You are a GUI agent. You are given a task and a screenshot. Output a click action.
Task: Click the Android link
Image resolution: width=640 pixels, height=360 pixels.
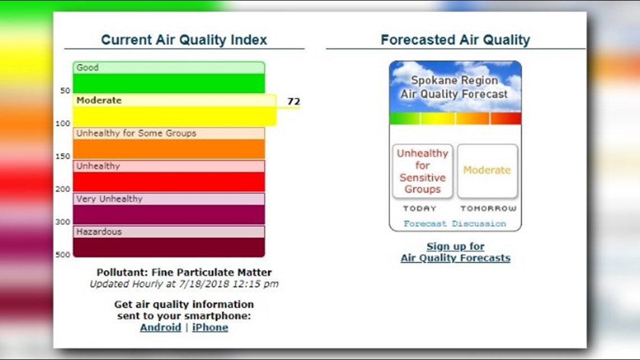tap(160, 327)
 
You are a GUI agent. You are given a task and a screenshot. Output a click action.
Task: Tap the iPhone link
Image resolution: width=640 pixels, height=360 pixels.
tap(210, 327)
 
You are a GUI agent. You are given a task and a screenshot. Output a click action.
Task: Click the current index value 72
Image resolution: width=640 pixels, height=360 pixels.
tap(294, 102)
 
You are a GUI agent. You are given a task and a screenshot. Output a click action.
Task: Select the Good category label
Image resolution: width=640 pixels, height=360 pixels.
tap(88, 67)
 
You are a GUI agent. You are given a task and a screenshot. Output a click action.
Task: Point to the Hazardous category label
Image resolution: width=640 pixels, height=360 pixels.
tap(99, 231)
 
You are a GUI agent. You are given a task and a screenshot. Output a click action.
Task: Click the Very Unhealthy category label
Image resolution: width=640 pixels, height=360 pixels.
tap(109, 199)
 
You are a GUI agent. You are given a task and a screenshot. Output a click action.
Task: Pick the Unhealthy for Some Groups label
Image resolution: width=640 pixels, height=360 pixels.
tap(136, 133)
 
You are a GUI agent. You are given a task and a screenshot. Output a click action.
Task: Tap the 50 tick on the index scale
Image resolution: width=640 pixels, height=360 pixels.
tap(65, 90)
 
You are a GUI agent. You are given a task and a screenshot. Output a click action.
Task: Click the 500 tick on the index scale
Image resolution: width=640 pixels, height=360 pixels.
tap(62, 254)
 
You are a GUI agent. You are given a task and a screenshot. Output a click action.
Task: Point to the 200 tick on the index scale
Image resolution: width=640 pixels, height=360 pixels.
tap(62, 189)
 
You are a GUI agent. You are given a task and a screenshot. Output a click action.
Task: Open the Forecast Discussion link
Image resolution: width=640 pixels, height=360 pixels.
tap(455, 224)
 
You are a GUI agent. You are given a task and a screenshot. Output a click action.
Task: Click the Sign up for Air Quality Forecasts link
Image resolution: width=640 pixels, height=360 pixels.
tap(455, 252)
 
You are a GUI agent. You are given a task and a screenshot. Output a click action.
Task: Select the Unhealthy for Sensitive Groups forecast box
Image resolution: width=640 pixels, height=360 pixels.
tap(423, 171)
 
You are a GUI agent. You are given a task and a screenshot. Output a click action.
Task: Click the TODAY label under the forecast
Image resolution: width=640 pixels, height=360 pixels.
tap(419, 208)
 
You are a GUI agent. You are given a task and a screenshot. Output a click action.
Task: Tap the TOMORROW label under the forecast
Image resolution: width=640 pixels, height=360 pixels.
tap(488, 208)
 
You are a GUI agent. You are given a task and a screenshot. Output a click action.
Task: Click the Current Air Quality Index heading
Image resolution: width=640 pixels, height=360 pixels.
tap(184, 40)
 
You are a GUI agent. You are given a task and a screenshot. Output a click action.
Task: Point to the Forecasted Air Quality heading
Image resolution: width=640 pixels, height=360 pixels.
tap(455, 40)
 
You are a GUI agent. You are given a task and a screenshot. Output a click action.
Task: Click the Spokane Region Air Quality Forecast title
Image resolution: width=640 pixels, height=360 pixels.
tap(454, 88)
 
